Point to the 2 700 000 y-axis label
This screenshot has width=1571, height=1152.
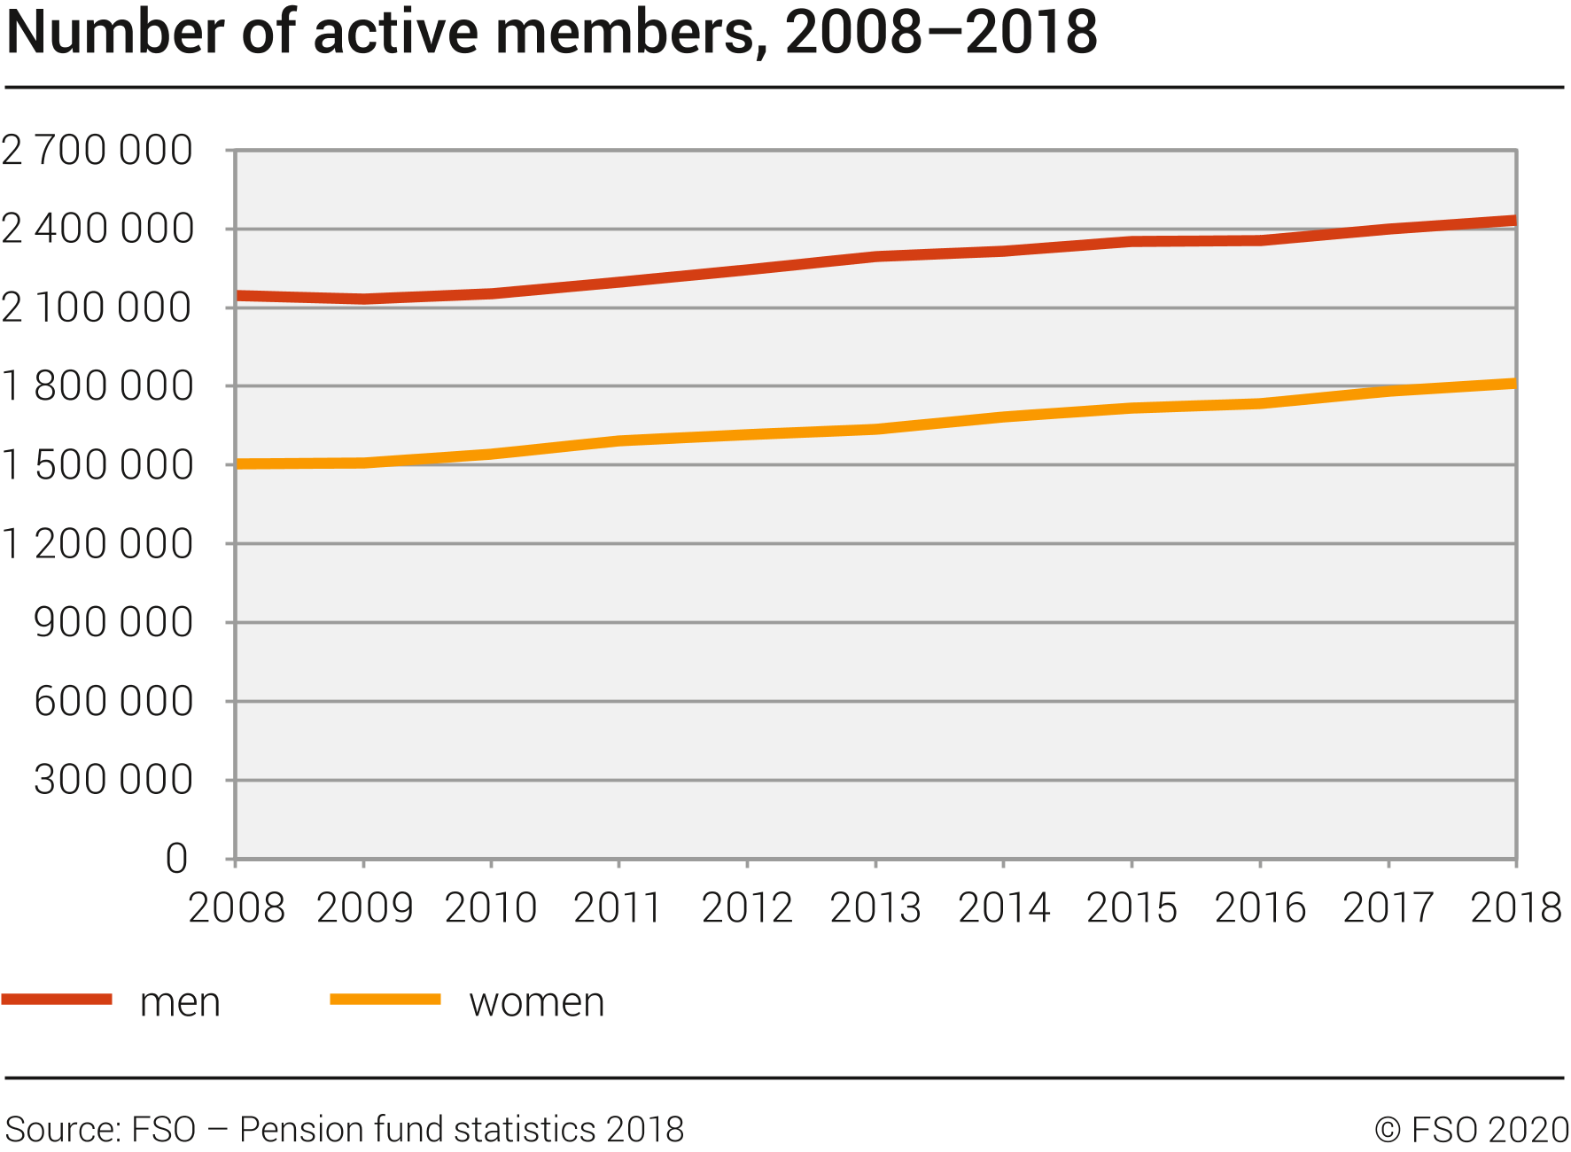coord(97,151)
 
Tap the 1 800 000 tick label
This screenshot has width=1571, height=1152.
coord(97,386)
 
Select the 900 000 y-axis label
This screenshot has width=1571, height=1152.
coord(113,622)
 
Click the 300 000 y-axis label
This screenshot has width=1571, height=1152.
coord(113,780)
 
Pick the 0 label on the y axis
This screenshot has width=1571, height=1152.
coord(177,859)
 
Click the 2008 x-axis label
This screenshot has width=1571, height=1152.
coord(237,908)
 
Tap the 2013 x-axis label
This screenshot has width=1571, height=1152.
coord(875,908)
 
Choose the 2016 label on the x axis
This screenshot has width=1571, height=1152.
coord(1260,908)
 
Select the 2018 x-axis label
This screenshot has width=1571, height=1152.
coord(1515,908)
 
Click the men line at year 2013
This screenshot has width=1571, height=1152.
coord(875,257)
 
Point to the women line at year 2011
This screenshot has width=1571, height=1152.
coord(618,440)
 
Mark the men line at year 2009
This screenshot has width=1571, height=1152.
coord(363,299)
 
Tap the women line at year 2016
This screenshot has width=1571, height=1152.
coord(1260,403)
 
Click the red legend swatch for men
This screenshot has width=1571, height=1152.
coord(57,1000)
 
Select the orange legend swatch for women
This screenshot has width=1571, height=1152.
coord(385,1000)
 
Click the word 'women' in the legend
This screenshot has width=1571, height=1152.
coord(537,1002)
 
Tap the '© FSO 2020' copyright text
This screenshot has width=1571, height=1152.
coord(1472,1130)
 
